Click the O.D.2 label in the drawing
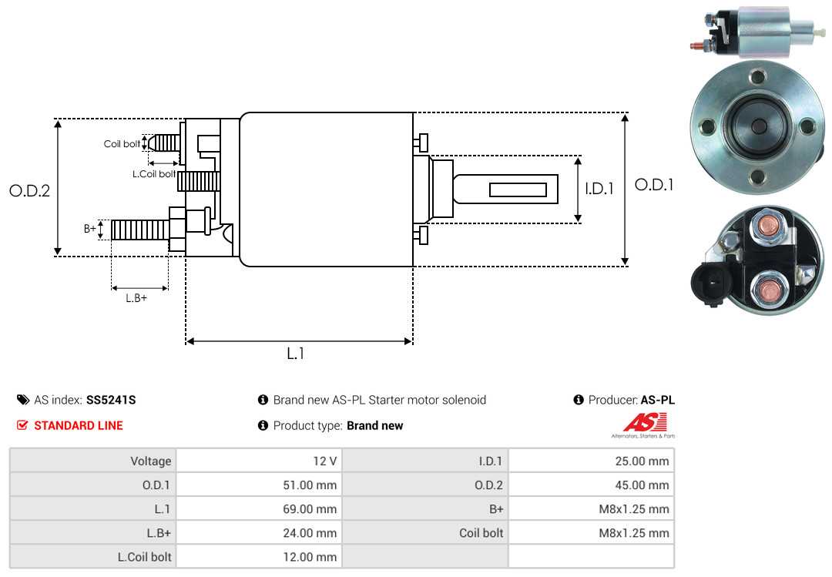point(30,190)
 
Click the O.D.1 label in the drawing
point(654,185)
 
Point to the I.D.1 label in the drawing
point(599,189)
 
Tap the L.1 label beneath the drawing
point(296,354)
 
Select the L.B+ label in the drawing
point(136,298)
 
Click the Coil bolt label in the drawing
point(122,144)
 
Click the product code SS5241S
point(111,400)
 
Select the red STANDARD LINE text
point(79,425)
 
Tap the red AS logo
point(645,422)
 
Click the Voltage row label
point(151,461)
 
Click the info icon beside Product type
point(263,425)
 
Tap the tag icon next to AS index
point(23,400)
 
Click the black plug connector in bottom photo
point(712,281)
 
